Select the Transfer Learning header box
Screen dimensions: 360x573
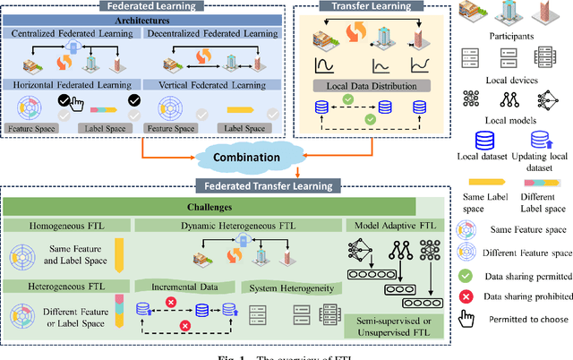click(x=364, y=5)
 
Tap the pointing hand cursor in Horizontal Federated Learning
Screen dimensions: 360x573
click(x=78, y=104)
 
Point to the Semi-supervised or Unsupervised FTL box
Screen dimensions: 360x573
click(x=394, y=327)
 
